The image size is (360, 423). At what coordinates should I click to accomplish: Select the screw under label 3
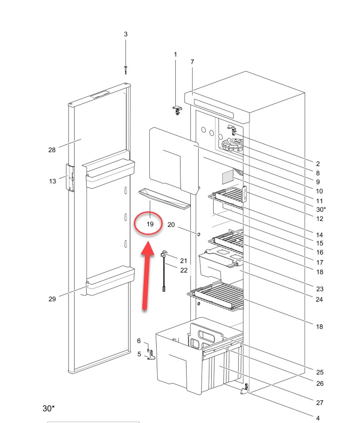[125, 69]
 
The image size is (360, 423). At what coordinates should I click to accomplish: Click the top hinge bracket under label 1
[177, 110]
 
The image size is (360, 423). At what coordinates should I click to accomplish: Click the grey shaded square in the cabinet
[228, 177]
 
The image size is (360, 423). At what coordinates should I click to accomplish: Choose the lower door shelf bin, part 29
[111, 281]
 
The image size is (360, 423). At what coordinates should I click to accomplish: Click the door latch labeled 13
[70, 178]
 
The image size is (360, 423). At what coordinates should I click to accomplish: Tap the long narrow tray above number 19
[165, 199]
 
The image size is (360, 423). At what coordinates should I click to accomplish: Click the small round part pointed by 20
[199, 234]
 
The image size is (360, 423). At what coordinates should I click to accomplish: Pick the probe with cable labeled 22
[164, 272]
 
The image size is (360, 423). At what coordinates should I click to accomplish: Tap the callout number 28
[52, 150]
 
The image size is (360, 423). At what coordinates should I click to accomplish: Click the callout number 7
[192, 62]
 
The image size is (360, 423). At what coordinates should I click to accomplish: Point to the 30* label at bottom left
[48, 409]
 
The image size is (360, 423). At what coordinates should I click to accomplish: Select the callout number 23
[319, 289]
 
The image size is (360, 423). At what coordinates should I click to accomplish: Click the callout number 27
[319, 403]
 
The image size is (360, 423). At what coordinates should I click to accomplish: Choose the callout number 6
[139, 341]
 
